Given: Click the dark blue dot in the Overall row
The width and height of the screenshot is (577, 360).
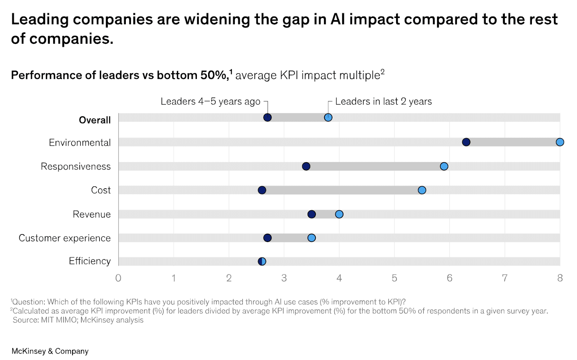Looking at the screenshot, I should click(267, 117).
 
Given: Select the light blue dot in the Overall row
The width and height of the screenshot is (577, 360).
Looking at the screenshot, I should click(328, 117).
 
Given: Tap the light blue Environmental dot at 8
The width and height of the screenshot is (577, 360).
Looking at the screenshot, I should click(560, 142).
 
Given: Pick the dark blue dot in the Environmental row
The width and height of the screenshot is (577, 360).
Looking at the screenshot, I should click(466, 142).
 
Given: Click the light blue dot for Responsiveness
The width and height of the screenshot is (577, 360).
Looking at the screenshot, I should click(444, 166).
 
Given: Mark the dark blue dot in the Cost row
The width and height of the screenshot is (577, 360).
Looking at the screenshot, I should click(262, 190).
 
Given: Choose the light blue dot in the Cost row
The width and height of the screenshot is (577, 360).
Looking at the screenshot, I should click(422, 190).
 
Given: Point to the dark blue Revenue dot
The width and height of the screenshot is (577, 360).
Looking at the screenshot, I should click(312, 214).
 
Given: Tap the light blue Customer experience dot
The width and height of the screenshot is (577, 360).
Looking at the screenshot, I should click(312, 238).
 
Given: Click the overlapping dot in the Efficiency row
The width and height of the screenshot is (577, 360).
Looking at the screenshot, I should click(262, 261).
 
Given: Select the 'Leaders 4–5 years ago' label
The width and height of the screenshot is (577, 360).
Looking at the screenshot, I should click(210, 101).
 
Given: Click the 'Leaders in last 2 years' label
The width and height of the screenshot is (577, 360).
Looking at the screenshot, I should click(383, 101).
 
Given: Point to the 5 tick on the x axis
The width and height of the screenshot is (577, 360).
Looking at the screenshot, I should click(394, 278).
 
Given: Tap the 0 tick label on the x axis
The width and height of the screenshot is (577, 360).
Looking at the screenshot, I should click(118, 278).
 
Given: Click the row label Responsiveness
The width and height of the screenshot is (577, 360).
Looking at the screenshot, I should click(76, 166).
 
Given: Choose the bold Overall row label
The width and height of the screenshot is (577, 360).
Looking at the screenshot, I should click(94, 120).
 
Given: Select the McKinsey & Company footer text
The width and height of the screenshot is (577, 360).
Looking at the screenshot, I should click(50, 351).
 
